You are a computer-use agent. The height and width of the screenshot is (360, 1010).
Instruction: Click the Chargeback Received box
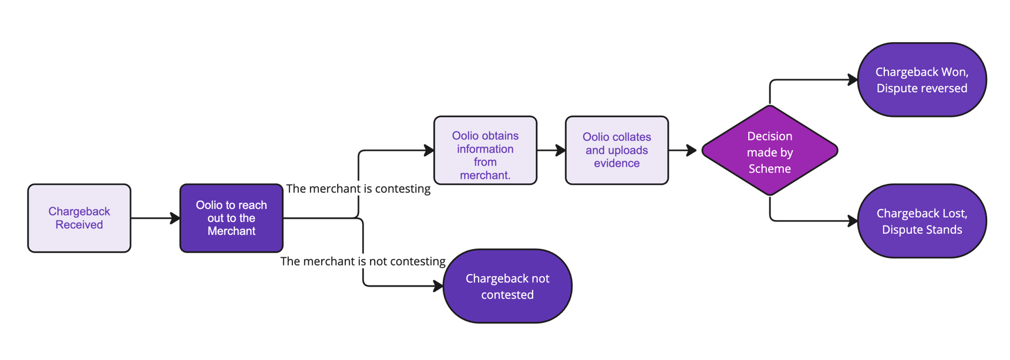79,218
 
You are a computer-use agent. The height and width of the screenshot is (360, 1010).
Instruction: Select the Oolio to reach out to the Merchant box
231,218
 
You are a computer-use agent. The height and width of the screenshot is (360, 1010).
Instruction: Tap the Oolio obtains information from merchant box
485,150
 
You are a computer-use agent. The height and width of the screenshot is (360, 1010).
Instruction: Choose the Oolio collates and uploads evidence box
617,150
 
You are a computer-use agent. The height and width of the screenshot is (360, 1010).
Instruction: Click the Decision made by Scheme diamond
769,151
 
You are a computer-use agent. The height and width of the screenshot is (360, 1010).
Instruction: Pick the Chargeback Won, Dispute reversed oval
922,79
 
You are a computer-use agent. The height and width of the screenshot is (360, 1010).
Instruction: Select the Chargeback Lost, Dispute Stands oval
922,221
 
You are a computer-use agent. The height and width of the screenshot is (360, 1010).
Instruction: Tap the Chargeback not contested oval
507,287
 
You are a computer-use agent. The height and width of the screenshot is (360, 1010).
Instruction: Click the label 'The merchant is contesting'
358,189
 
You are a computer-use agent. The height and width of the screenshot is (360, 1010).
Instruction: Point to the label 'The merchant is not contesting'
362,261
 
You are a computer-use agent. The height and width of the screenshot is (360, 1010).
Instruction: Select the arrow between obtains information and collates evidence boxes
551,150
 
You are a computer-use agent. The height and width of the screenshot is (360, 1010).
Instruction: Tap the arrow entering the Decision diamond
683,150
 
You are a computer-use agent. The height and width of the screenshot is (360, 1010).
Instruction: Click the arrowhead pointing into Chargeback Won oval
853,80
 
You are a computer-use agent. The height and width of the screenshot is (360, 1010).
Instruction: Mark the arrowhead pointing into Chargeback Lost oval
853,221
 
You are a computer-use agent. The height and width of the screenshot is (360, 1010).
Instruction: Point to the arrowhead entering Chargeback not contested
438,286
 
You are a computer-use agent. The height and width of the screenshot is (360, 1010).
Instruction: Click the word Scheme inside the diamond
769,169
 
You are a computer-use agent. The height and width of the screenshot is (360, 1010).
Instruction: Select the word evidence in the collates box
617,164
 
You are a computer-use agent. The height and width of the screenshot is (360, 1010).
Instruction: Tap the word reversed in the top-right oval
944,89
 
